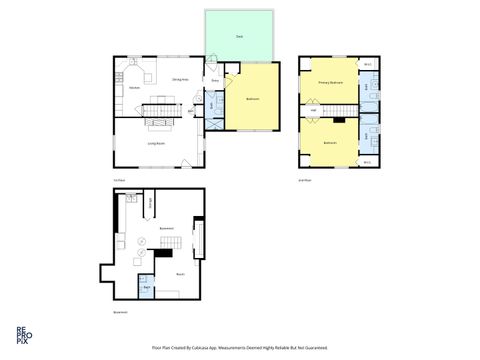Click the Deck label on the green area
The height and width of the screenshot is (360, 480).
pyautogui.click(x=239, y=36)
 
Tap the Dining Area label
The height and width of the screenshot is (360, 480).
pyautogui.click(x=181, y=78)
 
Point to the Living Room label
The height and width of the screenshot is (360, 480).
pyautogui.click(x=157, y=143)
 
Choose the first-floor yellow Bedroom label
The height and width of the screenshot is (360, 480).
pyautogui.click(x=253, y=98)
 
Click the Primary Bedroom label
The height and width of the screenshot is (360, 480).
pyautogui.click(x=329, y=82)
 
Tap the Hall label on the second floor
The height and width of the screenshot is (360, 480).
pyautogui.click(x=314, y=109)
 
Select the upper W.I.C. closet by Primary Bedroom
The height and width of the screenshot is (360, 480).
pyautogui.click(x=367, y=65)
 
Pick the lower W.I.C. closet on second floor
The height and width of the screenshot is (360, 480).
pyautogui.click(x=367, y=161)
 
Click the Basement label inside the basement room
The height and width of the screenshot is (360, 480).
pyautogui.click(x=167, y=228)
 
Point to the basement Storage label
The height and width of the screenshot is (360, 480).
pyautogui.click(x=150, y=206)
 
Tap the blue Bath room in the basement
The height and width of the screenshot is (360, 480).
pyautogui.click(x=146, y=288)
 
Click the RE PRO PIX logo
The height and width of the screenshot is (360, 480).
pyautogui.click(x=21, y=334)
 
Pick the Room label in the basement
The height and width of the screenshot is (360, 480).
pyautogui.click(x=180, y=273)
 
